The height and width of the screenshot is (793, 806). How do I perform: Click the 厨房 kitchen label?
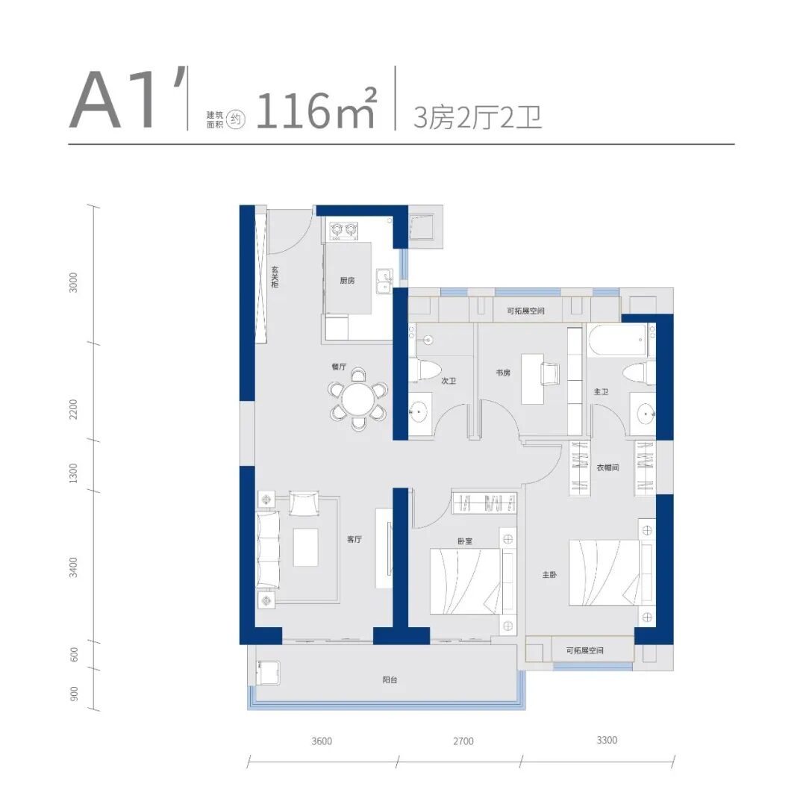[x=347, y=280]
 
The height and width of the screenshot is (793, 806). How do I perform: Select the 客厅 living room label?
[x=354, y=539]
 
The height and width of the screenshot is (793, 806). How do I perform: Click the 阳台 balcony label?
[x=390, y=680]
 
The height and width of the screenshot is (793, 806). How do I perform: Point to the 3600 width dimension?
[x=322, y=741]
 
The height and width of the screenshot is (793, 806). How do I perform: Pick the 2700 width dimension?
[x=463, y=741]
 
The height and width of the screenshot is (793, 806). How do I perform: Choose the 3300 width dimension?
[x=607, y=740]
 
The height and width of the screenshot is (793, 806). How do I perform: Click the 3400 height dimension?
[x=74, y=567]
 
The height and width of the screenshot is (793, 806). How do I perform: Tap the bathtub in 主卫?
[x=617, y=340]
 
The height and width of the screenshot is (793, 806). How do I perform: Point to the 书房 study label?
[x=503, y=373]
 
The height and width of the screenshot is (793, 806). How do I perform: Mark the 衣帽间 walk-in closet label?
[x=607, y=467]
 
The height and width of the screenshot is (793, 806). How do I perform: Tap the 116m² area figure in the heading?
[x=316, y=110]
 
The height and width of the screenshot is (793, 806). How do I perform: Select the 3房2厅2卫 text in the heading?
[x=477, y=117]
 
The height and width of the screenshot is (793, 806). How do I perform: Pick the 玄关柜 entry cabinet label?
[x=275, y=277]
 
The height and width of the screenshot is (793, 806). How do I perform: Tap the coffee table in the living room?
[x=305, y=547]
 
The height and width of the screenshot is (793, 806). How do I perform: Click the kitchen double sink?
[x=384, y=282]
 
